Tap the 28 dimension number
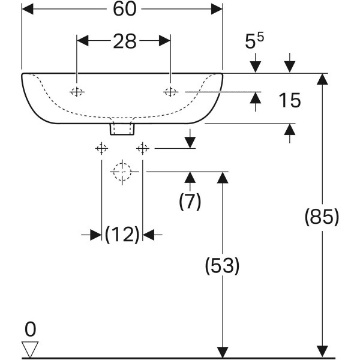pyautogui.click(x=124, y=41)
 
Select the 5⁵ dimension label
pyautogui.click(x=254, y=41)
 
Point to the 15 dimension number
pyautogui.click(x=289, y=100)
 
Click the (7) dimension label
pyautogui.click(x=190, y=202)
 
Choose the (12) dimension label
pyautogui.click(x=122, y=235)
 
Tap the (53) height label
pyautogui.click(x=223, y=265)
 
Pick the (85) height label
pyautogui.click(x=322, y=217)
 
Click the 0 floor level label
pyautogui.click(x=31, y=329)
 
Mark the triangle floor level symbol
pyautogui.click(x=30, y=349)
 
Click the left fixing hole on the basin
pyautogui.click(x=77, y=91)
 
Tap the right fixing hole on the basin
pyautogui.click(x=171, y=91)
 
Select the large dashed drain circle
pyautogui.click(x=122, y=172)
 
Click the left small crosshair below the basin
pyautogui.click(x=101, y=148)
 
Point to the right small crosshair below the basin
pyautogui.click(x=142, y=148)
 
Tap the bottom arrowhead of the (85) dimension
pyautogui.click(x=323, y=351)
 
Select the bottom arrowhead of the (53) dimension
pyautogui.click(x=223, y=351)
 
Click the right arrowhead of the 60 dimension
pyautogui.click(x=217, y=10)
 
